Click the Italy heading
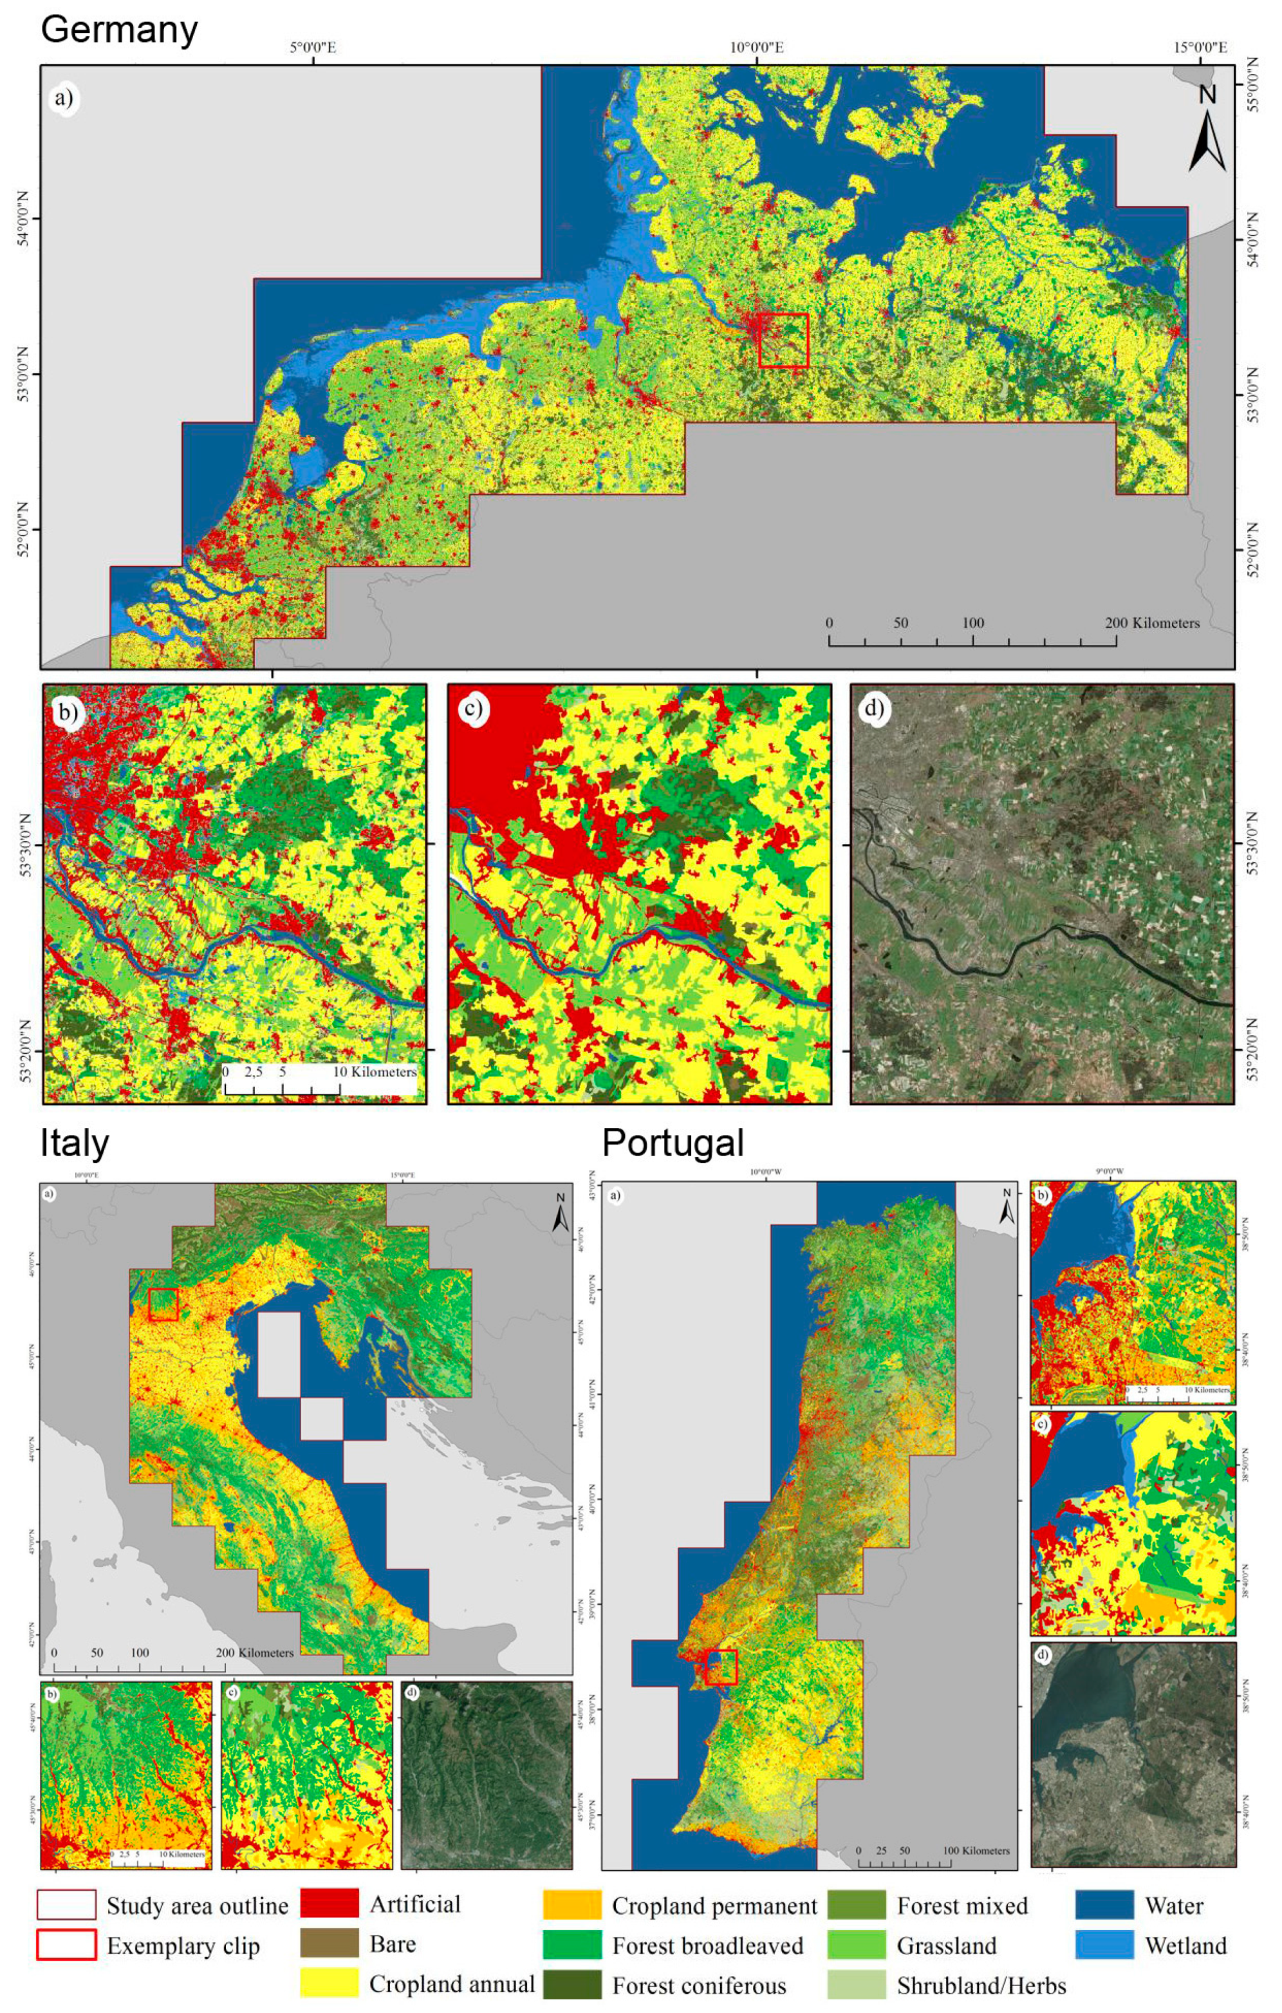click(75, 1143)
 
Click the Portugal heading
click(672, 1143)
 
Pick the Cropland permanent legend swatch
click(571, 1905)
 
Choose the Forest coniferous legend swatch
click(571, 1985)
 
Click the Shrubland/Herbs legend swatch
click(857, 1985)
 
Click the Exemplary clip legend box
click(66, 1945)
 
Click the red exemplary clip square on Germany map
click(783, 341)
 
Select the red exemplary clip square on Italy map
click(163, 1304)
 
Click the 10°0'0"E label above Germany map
click(756, 48)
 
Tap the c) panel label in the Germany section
click(472, 709)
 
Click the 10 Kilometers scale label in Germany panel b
click(375, 1072)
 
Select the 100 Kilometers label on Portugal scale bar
click(975, 1850)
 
